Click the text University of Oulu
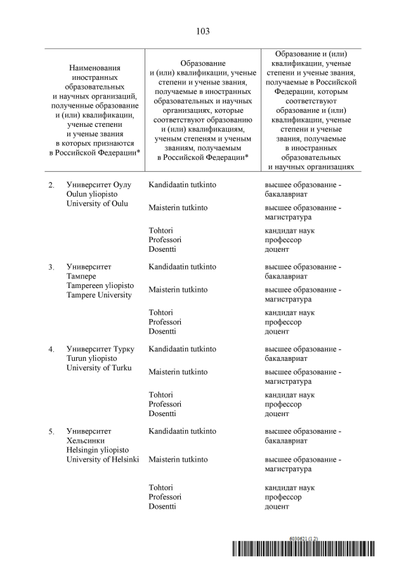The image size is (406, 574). click(x=97, y=204)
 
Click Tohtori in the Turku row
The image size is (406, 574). click(x=161, y=395)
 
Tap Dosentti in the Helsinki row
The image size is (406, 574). click(x=162, y=506)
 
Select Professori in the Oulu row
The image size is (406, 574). click(x=165, y=240)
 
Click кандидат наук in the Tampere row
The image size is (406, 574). click(x=289, y=313)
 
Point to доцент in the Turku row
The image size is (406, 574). click(x=277, y=414)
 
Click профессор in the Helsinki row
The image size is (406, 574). click(x=283, y=497)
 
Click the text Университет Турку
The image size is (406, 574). click(x=99, y=349)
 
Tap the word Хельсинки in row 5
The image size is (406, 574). click(x=86, y=441)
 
